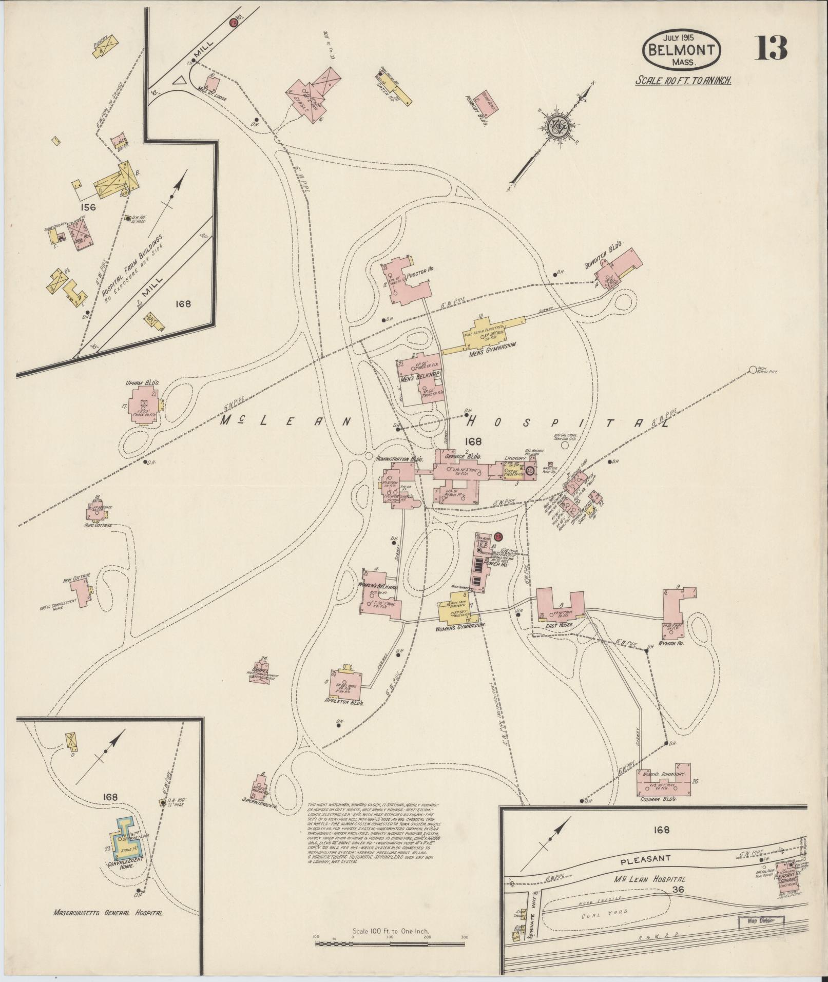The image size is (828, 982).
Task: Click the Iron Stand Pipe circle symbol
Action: coord(753,370)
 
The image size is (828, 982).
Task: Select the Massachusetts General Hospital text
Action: coord(108,913)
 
